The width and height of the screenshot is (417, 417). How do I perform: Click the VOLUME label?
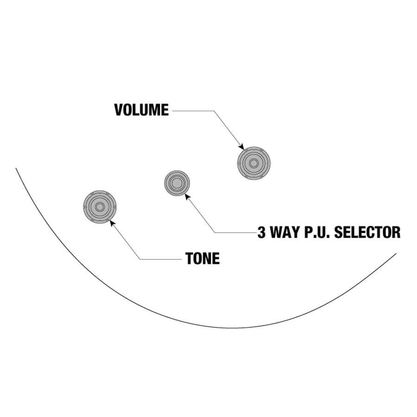pyautogui.click(x=141, y=110)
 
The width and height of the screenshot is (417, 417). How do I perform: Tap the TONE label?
pyautogui.click(x=202, y=259)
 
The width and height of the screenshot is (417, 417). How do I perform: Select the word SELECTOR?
pyautogui.click(x=367, y=232)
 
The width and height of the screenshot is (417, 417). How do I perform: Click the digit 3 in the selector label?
pyautogui.click(x=262, y=232)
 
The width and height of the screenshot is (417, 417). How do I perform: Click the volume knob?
pyautogui.click(x=253, y=163)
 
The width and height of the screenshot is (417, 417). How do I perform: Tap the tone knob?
pyautogui.click(x=100, y=207)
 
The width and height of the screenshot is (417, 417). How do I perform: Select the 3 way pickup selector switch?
pyautogui.click(x=177, y=183)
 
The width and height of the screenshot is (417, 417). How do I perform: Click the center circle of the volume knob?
pyautogui.click(x=253, y=163)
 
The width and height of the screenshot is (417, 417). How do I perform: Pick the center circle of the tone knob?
pyautogui.click(x=100, y=207)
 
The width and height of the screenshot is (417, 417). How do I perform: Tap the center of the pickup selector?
pyautogui.click(x=177, y=183)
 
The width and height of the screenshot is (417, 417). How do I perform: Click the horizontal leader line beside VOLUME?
pyautogui.click(x=192, y=111)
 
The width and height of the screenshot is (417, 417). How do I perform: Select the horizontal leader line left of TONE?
pyautogui.click(x=160, y=259)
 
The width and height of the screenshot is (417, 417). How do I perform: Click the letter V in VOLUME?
pyautogui.click(x=119, y=110)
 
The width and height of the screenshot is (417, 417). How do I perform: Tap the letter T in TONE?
pyautogui.click(x=190, y=259)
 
